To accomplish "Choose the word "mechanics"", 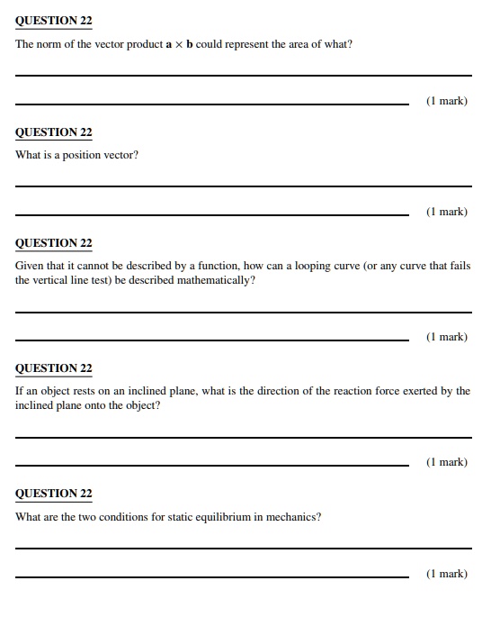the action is tap(293, 517).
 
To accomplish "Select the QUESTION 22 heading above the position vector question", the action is tap(54, 132).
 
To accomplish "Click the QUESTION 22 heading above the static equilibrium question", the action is tap(54, 494).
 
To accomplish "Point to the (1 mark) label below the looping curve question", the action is tap(446, 337).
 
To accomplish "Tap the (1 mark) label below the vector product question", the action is tap(446, 101).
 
